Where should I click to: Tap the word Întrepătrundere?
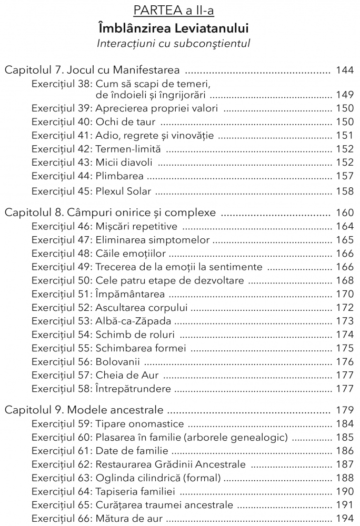[x=133, y=389]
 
